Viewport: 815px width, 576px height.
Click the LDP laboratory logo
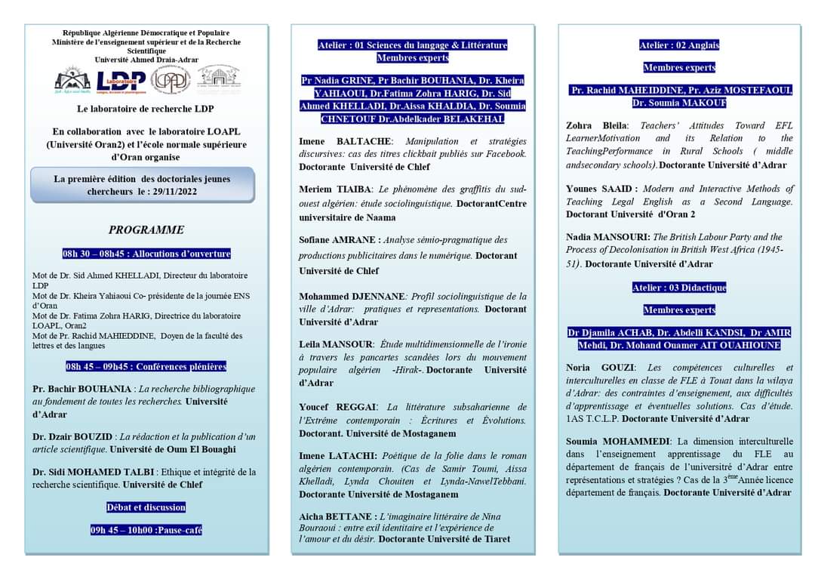coord(121,80)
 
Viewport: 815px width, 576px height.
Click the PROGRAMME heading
coord(146,229)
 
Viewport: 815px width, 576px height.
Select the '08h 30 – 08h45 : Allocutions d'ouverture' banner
coord(146,254)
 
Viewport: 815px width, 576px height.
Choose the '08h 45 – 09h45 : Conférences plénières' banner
coord(146,367)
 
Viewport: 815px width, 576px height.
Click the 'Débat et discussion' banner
coord(146,507)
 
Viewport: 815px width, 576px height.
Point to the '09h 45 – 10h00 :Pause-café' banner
coord(146,530)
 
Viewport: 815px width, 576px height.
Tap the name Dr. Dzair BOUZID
coord(72,437)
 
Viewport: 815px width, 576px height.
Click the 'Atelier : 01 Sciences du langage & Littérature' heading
coord(412,45)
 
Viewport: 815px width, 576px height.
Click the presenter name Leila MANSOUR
coord(336,343)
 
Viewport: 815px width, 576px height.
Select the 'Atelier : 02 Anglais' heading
coord(679,45)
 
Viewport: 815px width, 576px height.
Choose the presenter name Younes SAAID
coord(601,189)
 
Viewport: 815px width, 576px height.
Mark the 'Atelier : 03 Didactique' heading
coord(679,288)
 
